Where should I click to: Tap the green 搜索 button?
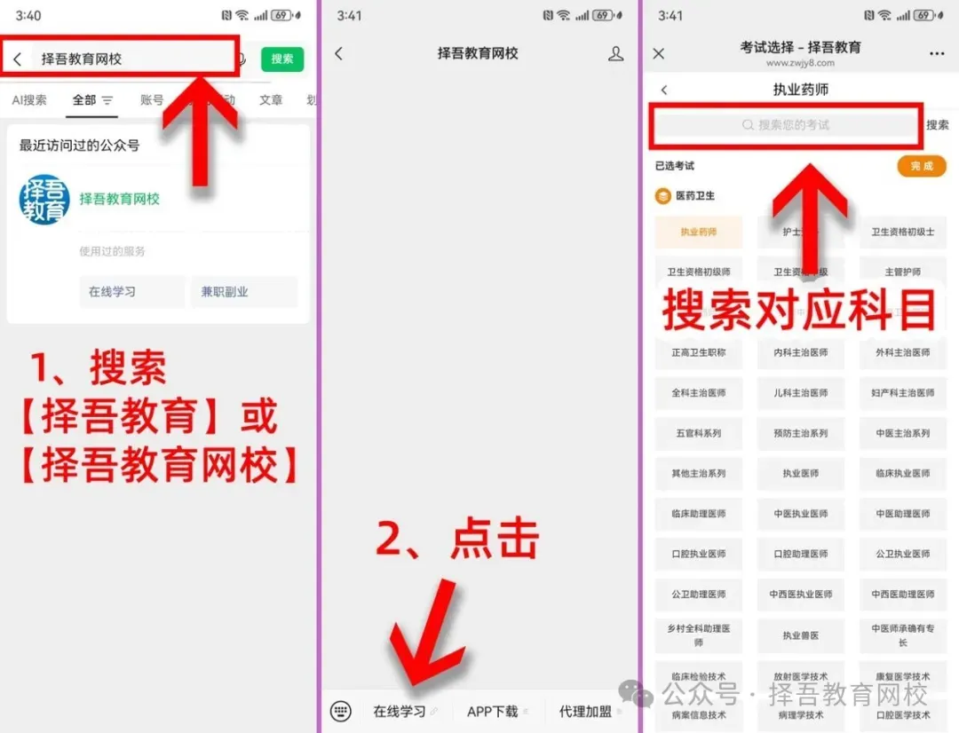tap(282, 59)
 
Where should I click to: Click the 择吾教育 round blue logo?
tap(44, 200)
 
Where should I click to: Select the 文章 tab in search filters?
tap(271, 100)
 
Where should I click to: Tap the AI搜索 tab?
tap(29, 100)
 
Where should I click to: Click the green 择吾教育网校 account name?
tap(120, 200)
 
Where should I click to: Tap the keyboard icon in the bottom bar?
tap(340, 711)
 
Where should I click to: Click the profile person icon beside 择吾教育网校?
tap(615, 54)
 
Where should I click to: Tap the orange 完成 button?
tap(922, 166)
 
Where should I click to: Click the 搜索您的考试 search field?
tap(786, 125)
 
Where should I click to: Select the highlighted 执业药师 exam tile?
tap(699, 232)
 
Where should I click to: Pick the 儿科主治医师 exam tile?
tap(801, 392)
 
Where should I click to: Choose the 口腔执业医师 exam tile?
tap(699, 554)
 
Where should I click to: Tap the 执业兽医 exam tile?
tap(801, 634)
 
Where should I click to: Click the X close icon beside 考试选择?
tap(659, 54)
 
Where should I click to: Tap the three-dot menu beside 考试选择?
tap(937, 54)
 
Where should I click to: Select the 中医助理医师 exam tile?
tap(903, 514)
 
